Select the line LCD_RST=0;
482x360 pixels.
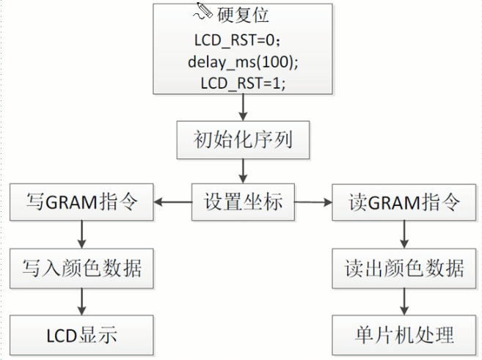(241, 39)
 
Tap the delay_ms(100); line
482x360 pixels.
(242, 61)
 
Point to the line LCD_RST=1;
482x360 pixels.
(242, 83)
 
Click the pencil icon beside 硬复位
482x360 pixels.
(203, 11)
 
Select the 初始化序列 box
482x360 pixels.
(242, 139)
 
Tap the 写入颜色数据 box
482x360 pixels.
(81, 268)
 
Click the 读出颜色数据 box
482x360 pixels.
(404, 268)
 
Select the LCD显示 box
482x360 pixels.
(81, 336)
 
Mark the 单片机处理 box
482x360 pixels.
(404, 336)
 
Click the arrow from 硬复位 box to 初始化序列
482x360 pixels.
(242, 109)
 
